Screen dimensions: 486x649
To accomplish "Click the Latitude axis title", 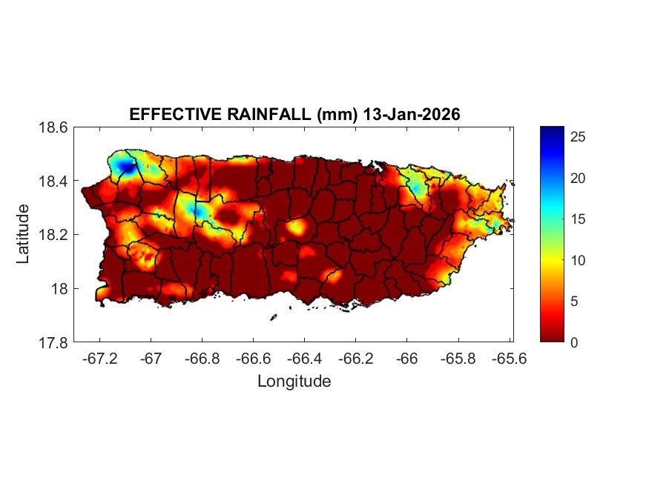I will point(23,234).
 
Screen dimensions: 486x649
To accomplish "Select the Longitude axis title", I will point(294,382).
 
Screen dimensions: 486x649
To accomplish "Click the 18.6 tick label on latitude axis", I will point(54,127).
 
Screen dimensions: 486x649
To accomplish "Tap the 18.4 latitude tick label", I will point(54,182).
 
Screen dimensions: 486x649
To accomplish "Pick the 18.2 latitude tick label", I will point(54,235).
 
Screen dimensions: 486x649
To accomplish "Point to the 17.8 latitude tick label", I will point(54,342).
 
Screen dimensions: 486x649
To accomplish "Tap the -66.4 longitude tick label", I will point(304,359).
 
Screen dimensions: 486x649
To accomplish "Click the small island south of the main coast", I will point(273,318).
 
